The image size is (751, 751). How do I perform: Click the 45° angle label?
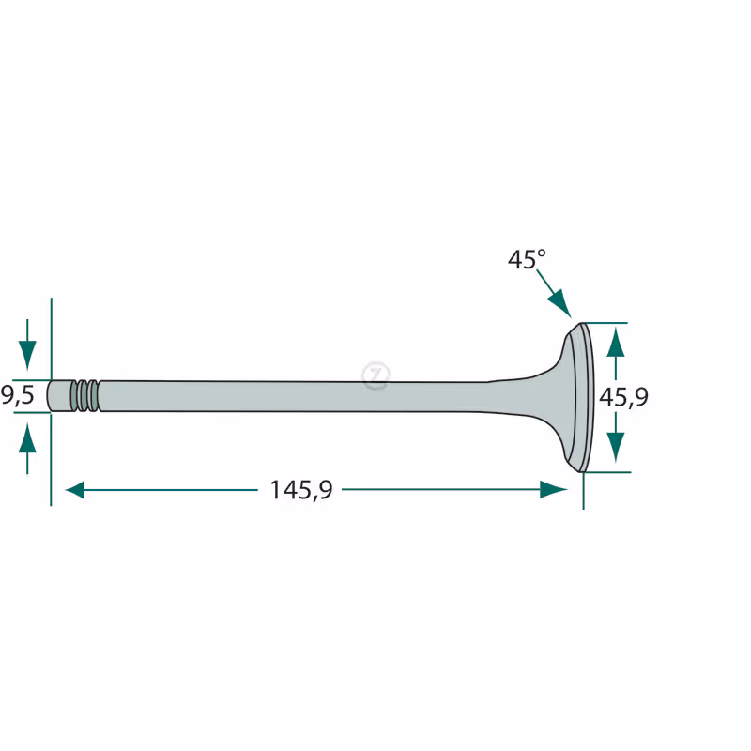[x=527, y=260]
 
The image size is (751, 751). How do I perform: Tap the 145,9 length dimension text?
[x=300, y=490]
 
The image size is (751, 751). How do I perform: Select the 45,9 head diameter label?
[x=623, y=397]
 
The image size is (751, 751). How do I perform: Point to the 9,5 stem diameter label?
[x=17, y=395]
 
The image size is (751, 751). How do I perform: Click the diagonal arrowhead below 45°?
[x=559, y=303]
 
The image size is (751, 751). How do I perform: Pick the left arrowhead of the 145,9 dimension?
[x=74, y=490]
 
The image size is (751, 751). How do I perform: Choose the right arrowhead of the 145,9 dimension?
[x=554, y=489]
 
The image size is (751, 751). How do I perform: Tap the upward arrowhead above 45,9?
[x=616, y=343]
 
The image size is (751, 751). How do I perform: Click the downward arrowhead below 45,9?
[x=616, y=447]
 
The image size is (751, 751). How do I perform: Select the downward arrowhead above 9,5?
[x=27, y=355]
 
